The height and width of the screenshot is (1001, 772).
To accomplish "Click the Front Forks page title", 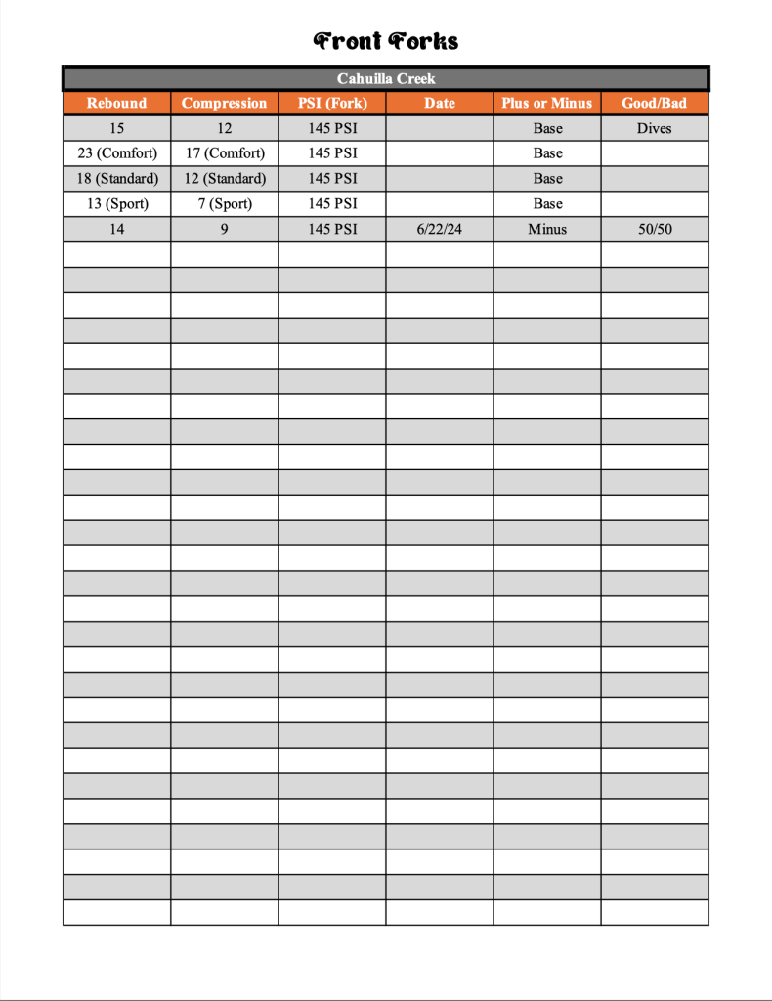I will point(386,41).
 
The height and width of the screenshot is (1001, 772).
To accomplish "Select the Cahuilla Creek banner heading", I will point(386,78).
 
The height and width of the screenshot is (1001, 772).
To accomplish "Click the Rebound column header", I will point(116,103).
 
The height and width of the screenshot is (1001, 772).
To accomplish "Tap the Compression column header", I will point(224,103).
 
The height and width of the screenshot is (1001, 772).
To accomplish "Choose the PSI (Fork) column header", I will point(332,103).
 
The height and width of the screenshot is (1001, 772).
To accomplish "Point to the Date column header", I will point(440,103).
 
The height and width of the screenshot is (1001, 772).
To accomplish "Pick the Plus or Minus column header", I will point(547,103).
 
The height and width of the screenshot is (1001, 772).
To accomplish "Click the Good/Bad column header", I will point(654,103).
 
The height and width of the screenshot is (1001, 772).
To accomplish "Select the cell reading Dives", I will point(654,128).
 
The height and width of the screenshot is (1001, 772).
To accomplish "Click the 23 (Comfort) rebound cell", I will point(117,153).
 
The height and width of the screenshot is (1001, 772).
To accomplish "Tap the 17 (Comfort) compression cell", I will point(225,153).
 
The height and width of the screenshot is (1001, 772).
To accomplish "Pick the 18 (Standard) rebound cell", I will point(117,179).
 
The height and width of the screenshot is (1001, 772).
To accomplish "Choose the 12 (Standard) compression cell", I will point(225,179).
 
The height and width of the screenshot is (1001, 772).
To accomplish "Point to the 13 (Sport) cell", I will point(117,204).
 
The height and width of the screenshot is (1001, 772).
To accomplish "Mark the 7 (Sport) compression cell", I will point(225,204).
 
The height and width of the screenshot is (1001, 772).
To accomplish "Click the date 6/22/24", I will point(440,230).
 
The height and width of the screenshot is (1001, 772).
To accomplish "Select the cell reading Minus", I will point(547,230).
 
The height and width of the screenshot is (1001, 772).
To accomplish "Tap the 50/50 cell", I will point(654,230).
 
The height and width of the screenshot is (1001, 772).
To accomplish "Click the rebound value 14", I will point(117,230).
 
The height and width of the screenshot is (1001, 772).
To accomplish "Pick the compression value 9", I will point(225,230).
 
